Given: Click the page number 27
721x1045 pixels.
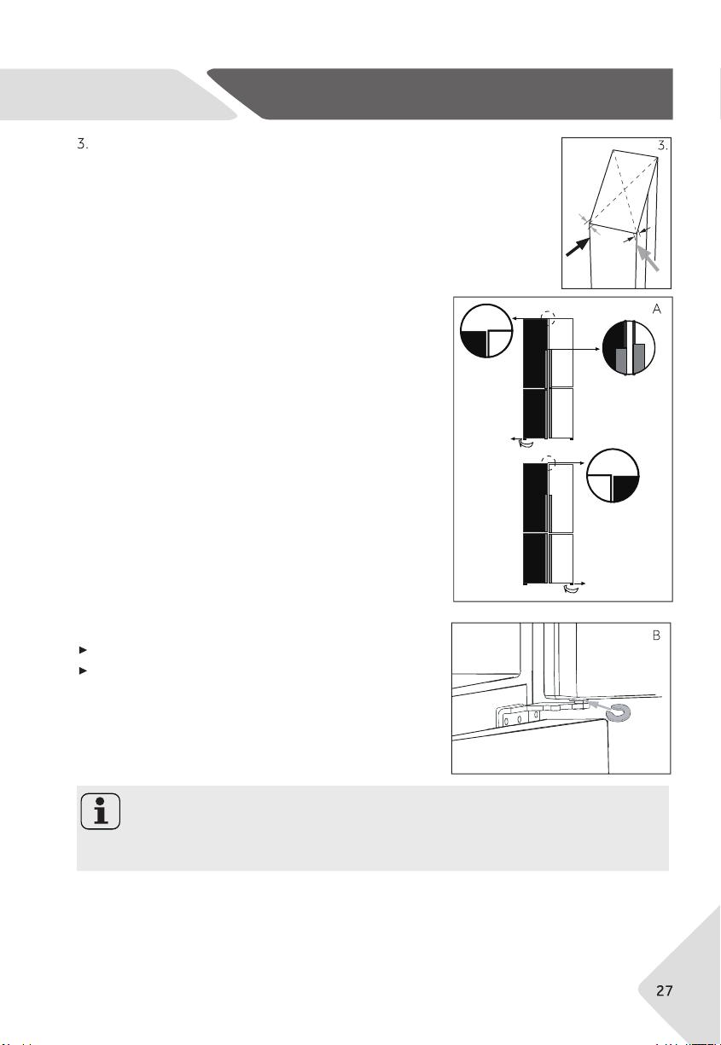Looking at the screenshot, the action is tap(664, 990).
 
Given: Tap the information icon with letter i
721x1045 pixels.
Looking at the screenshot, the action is tap(101, 811).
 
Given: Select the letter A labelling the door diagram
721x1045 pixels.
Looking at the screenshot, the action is tap(657, 309).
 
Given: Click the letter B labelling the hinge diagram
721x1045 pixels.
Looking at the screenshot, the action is tap(656, 636).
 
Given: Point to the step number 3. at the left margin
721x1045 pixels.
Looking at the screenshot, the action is tap(83, 144).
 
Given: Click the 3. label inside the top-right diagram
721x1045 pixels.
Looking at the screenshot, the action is tap(663, 146).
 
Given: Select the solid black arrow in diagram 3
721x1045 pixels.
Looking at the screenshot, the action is tap(578, 247).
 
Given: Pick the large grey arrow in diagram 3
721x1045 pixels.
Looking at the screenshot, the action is tap(648, 258).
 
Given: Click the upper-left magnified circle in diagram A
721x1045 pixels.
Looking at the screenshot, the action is tap(486, 331).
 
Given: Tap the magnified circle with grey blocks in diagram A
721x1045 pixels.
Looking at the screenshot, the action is tap(629, 347).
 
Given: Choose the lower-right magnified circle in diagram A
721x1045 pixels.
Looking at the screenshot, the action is tap(613, 476).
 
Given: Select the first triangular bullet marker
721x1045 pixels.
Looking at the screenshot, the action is tap(83, 650).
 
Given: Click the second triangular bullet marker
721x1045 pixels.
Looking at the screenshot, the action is tap(83, 671).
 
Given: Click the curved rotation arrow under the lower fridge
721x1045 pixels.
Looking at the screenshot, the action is tap(571, 590).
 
